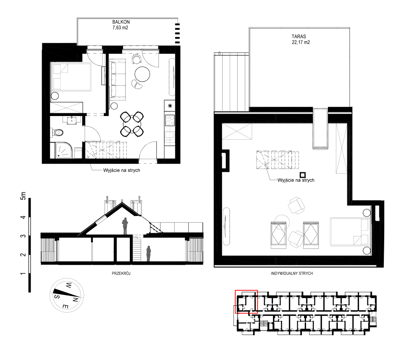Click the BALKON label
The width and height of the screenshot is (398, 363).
coord(121,22)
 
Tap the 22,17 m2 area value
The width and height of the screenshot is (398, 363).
coord(301,42)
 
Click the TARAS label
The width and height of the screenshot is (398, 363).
coord(299,37)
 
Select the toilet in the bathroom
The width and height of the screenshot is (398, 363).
coord(57,132)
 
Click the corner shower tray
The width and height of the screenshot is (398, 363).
coord(64,150)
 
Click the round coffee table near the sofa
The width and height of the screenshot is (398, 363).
coord(142,74)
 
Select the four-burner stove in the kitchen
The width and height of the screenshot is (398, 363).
coord(170,121)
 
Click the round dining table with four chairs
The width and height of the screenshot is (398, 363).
coord(132,124)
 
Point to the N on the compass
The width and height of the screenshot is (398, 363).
coord(75,300)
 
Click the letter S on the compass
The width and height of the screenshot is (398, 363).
coord(57,297)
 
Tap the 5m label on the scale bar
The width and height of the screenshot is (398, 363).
coord(23,196)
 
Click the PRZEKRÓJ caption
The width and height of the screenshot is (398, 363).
coord(121,273)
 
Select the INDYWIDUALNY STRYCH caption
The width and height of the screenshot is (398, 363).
coord(292,273)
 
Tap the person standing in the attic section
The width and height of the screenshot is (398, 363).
coord(125,226)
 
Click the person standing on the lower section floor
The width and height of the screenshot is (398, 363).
coord(149,254)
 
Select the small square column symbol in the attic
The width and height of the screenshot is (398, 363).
coord(302,175)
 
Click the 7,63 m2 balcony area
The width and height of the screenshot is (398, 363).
coord(120,28)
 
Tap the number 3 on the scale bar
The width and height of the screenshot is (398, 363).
coord(23,236)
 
